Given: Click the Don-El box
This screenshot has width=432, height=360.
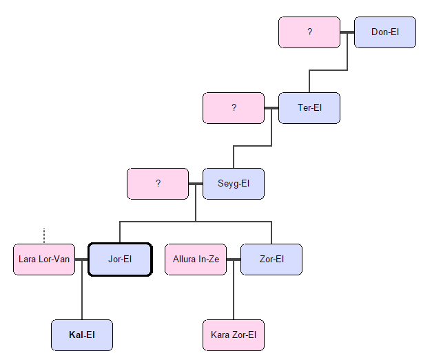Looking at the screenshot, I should [384, 32].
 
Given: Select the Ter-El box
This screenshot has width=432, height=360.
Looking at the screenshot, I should [309, 108].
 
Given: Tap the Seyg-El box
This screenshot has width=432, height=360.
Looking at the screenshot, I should [233, 184].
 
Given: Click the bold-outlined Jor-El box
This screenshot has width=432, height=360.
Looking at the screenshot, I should [120, 260].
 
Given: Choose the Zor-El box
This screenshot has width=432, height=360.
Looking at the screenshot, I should [271, 260].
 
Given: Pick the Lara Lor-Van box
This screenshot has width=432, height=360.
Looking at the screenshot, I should [44, 260].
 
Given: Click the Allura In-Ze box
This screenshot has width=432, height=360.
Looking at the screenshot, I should [196, 260].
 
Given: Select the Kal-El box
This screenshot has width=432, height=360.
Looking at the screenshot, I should [82, 335].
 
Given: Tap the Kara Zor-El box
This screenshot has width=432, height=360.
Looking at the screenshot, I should [233, 335].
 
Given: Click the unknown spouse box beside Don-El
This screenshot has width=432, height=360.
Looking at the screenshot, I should [309, 32].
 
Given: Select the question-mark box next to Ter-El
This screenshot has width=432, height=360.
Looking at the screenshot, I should [234, 108].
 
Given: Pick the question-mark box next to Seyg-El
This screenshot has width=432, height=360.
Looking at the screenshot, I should [158, 184].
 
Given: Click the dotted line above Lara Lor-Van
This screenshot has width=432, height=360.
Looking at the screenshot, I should [44, 236].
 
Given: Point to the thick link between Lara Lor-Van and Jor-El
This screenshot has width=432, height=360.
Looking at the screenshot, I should [82, 260].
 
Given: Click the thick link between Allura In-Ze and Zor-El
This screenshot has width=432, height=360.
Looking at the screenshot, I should [234, 260].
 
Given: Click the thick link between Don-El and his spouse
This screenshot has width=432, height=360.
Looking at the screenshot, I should [347, 32].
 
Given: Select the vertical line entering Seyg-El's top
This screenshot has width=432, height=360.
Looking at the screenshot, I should [234, 157].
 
